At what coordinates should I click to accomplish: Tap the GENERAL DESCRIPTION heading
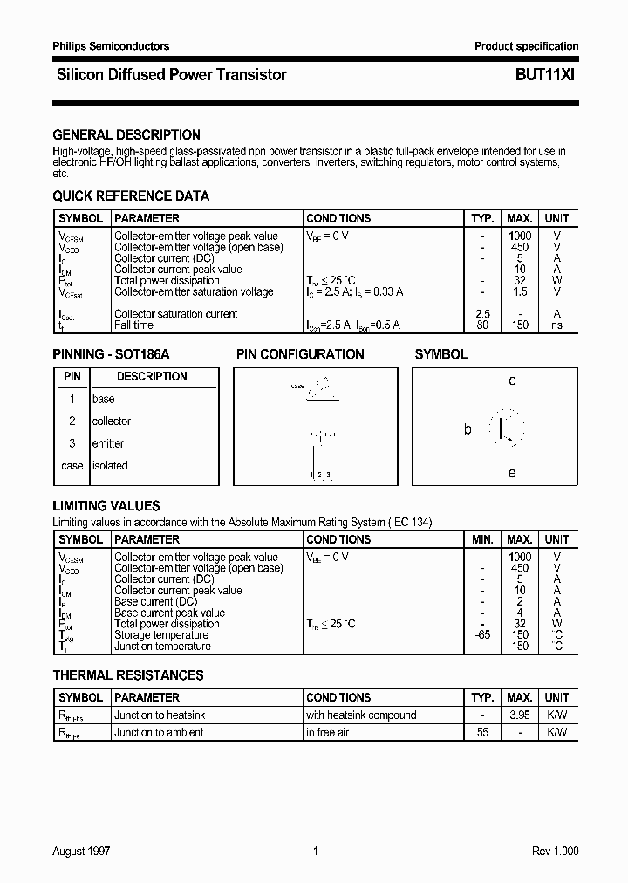point(126,134)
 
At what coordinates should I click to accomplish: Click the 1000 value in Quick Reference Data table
point(520,236)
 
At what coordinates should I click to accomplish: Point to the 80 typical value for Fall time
point(482,325)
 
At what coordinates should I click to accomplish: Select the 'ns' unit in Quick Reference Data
point(556,325)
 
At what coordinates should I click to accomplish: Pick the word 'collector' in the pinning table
point(112,421)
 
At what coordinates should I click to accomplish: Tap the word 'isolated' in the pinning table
point(110,466)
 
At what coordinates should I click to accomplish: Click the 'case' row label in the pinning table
point(72,466)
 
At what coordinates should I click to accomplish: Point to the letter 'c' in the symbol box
point(512,380)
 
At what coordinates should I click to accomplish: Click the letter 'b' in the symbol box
point(468,429)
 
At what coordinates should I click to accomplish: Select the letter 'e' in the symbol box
point(512,473)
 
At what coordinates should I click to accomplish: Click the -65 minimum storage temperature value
point(482,635)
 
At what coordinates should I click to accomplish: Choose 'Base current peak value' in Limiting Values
point(169,613)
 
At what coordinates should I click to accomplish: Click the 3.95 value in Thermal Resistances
point(520,715)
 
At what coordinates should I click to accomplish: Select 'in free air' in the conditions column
point(327,733)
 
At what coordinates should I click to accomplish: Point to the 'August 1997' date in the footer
point(82,852)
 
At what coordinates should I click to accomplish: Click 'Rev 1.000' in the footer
point(554,852)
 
